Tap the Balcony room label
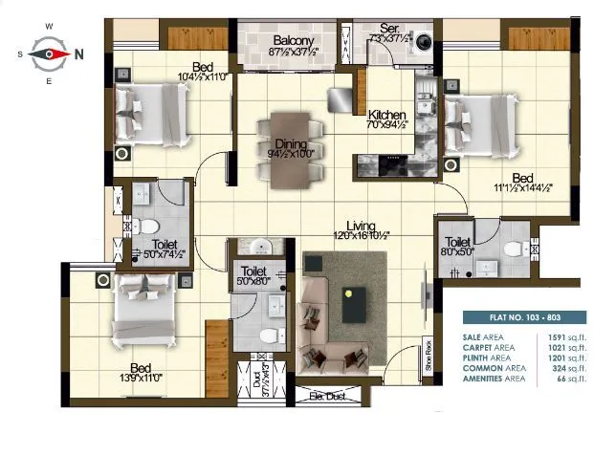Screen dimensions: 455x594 [x=294, y=40]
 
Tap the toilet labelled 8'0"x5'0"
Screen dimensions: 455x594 [x=458, y=248]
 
